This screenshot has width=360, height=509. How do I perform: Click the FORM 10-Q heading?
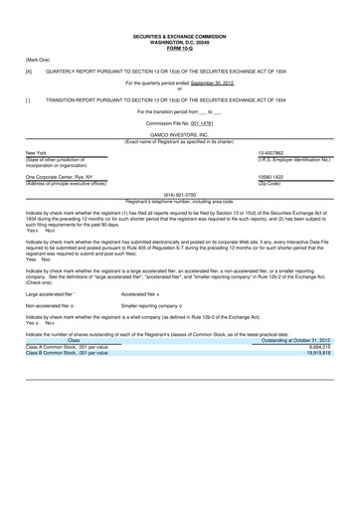180,55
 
